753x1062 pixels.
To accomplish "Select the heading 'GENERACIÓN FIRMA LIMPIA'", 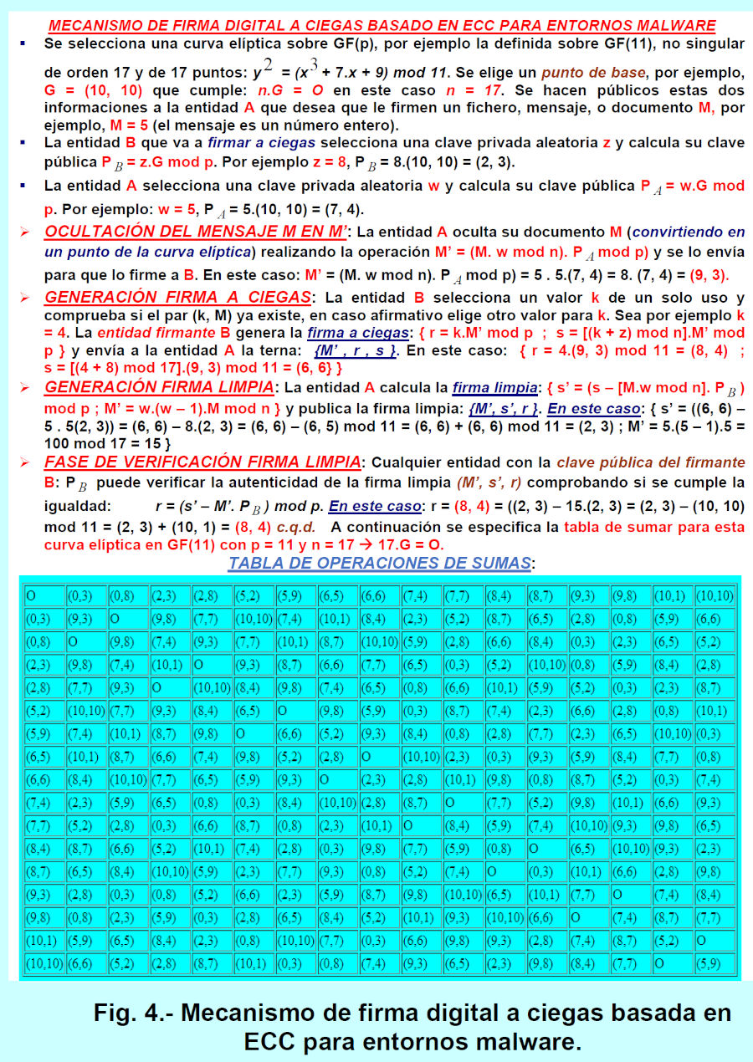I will click(160, 387).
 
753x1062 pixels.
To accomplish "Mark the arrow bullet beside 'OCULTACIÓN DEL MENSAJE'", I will click(24, 231).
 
